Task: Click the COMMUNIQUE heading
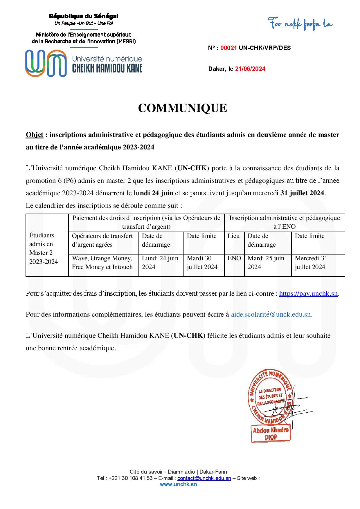click(x=182, y=108)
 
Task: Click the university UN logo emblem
click(x=46, y=63)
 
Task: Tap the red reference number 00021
click(x=229, y=48)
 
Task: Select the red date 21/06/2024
click(x=250, y=69)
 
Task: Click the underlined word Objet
click(x=35, y=135)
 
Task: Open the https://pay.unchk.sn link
click(x=309, y=294)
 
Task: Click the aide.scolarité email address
click(x=271, y=315)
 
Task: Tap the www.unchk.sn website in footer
click(x=178, y=484)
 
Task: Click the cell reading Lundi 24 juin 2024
click(x=160, y=263)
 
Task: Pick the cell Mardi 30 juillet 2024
click(x=202, y=263)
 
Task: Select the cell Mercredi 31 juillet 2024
click(x=311, y=263)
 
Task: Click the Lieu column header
click(x=234, y=236)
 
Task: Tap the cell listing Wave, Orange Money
click(x=102, y=263)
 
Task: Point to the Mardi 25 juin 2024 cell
click(x=266, y=263)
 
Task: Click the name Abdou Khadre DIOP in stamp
click(x=271, y=434)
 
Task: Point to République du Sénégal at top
click(x=84, y=17)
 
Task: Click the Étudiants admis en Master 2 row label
click(x=44, y=248)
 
